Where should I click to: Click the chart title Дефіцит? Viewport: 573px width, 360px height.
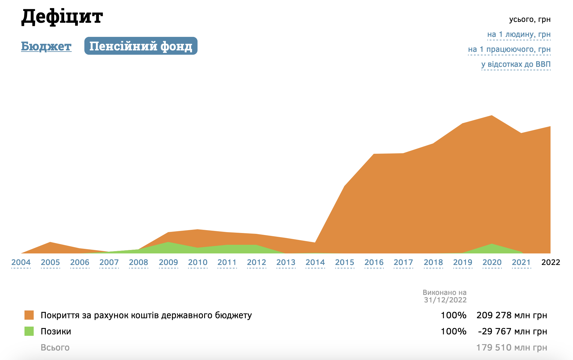pyautogui.click(x=62, y=16)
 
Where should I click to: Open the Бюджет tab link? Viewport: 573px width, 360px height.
pyautogui.click(x=46, y=46)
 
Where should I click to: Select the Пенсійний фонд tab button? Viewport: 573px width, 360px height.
pyautogui.click(x=141, y=46)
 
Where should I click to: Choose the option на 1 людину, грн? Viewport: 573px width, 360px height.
pyautogui.click(x=519, y=35)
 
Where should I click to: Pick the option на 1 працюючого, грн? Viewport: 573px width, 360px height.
pyautogui.click(x=509, y=50)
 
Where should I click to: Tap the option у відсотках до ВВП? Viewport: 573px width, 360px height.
pyautogui.click(x=516, y=64)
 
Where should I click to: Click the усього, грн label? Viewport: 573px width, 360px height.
pyautogui.click(x=530, y=20)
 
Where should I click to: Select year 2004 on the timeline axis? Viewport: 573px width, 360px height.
pyautogui.click(x=21, y=262)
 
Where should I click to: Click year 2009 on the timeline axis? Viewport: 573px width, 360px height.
pyautogui.click(x=168, y=262)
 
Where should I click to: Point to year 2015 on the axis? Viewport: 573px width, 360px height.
pyautogui.click(x=345, y=262)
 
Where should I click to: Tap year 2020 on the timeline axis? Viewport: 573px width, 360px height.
pyautogui.click(x=492, y=262)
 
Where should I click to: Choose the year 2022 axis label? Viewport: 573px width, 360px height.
pyautogui.click(x=551, y=262)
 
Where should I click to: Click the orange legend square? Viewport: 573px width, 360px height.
pyautogui.click(x=29, y=315)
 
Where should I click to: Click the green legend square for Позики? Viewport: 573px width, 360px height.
pyautogui.click(x=29, y=331)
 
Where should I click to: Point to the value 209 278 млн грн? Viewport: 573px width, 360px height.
pyautogui.click(x=512, y=315)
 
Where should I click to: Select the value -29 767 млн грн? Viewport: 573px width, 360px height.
pyautogui.click(x=512, y=331)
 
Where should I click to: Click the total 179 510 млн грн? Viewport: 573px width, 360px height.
pyautogui.click(x=512, y=348)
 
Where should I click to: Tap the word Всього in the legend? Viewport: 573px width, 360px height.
pyautogui.click(x=55, y=348)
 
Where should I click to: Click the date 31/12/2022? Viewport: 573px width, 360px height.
pyautogui.click(x=445, y=300)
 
